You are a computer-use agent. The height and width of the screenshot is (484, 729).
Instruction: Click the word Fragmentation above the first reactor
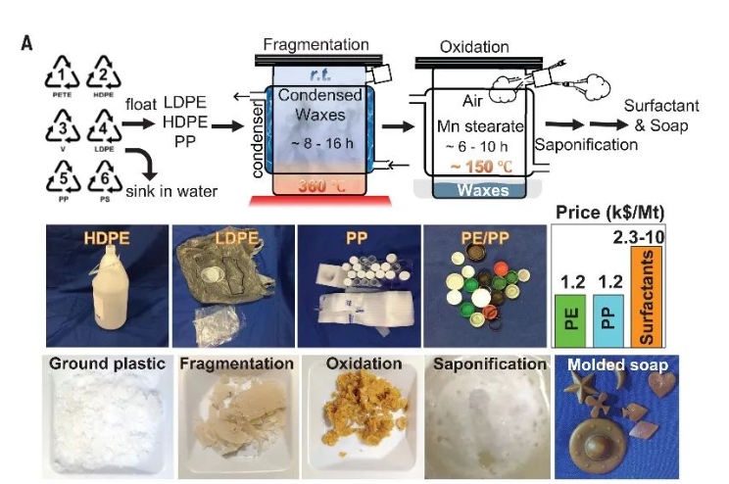[x=316, y=45]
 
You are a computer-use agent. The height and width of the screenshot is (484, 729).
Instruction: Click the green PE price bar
[x=569, y=321]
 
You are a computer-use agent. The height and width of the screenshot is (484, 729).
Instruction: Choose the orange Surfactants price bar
[x=649, y=295]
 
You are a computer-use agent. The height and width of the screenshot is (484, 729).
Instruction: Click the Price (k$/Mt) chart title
[x=607, y=211]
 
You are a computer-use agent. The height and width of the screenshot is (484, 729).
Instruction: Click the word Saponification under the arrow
[x=586, y=144]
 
